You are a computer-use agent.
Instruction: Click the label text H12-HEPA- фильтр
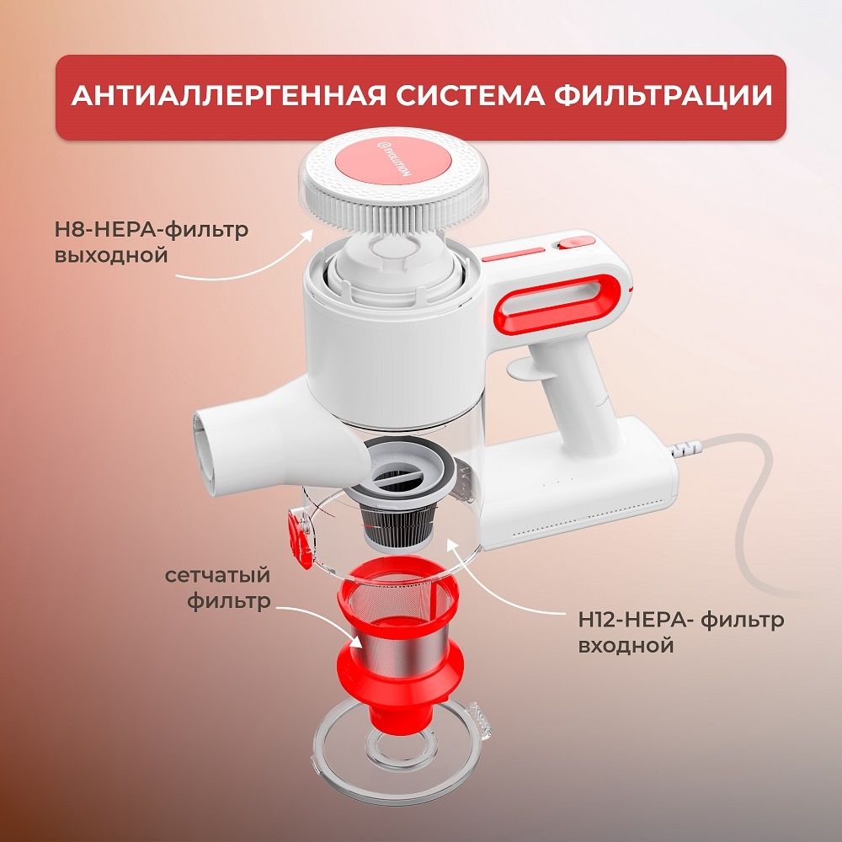680,621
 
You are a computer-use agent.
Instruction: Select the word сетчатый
217,576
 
